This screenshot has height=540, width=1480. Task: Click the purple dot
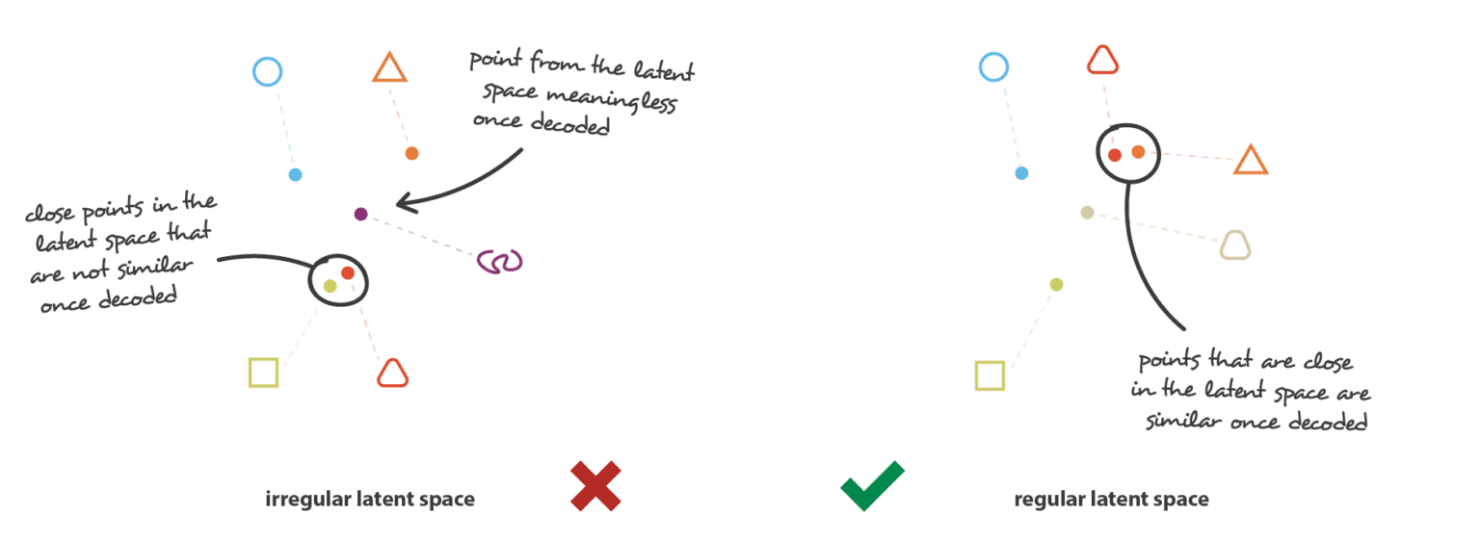pos(360,214)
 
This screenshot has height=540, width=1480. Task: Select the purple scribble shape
pos(500,262)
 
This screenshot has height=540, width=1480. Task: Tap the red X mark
pos(596,486)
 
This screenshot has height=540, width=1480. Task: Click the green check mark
pos(872,486)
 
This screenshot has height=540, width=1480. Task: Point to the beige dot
pos(1087,213)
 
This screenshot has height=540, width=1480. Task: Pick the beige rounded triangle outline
pos(1235,245)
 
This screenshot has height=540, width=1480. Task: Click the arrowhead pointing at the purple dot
pos(405,203)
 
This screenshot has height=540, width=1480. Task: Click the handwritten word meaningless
pos(611,99)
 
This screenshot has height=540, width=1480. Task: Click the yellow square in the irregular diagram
pos(264,373)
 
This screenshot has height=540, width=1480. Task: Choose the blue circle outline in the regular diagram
pos(993,66)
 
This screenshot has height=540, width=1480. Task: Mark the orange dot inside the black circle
pos(1138,152)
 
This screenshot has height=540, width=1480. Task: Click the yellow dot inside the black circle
pos(330,286)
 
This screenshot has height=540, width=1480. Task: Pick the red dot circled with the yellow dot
pos(348,272)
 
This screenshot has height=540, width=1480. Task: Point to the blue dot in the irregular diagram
pos(296,175)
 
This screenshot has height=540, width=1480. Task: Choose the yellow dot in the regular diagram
pos(1056,285)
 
